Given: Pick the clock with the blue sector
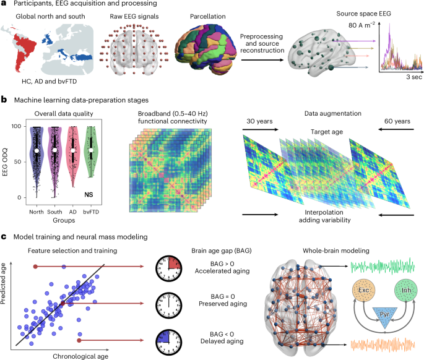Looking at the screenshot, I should (168, 340).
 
